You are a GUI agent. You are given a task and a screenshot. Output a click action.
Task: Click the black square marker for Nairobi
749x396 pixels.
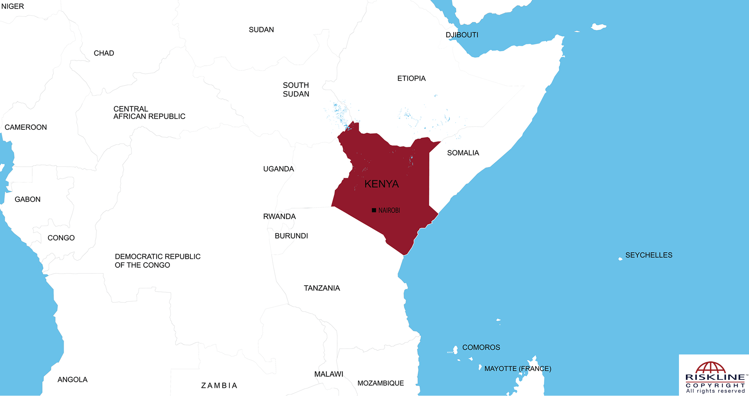374,210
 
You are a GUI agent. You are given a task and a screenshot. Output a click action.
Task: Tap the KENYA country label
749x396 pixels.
381,184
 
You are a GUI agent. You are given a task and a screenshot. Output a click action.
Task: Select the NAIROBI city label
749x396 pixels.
389,210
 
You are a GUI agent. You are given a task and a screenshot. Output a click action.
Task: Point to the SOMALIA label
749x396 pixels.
463,153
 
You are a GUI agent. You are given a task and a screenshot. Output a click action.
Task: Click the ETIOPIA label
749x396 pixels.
411,79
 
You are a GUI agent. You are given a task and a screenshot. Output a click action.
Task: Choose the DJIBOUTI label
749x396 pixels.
462,35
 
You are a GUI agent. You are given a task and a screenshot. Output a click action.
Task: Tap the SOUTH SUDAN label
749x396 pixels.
296,90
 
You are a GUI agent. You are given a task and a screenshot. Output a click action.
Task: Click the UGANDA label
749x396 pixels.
278,169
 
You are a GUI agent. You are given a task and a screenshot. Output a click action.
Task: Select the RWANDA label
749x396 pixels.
279,217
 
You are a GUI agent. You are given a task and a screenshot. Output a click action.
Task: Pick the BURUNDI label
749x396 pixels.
291,236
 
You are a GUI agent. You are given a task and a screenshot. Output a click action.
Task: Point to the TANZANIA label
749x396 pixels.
322,288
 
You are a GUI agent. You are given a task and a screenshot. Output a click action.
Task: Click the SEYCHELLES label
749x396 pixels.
648,255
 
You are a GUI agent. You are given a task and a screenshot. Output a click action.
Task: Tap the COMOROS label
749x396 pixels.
481,348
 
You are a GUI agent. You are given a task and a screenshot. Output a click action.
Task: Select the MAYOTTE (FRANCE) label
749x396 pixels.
517,369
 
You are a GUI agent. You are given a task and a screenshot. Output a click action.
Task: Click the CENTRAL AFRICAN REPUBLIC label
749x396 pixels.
149,113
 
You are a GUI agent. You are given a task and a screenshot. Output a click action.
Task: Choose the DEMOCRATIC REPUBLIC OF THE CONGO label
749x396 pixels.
157,261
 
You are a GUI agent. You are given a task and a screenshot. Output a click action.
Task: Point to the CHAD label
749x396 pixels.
104,53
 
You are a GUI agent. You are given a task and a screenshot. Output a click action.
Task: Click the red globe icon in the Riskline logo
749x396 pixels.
710,368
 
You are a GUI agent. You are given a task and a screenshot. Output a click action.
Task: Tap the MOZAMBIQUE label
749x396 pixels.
380,383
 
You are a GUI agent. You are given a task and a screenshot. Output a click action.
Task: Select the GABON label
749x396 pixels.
27,199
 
